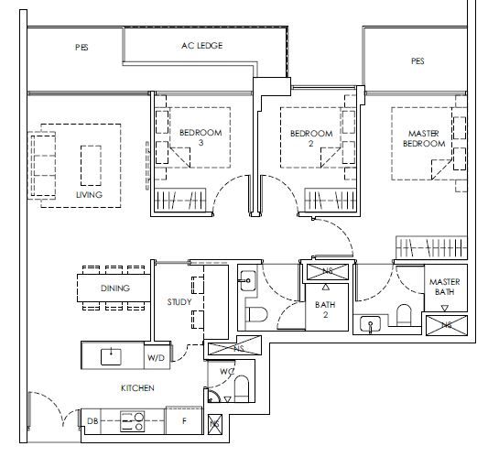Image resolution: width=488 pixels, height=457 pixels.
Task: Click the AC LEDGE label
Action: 202,46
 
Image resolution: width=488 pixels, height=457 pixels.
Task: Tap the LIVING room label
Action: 89,195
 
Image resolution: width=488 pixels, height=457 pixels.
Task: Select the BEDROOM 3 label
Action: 201,137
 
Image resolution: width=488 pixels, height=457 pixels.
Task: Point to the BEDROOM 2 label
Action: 311,138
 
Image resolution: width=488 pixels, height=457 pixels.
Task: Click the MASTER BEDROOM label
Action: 424,138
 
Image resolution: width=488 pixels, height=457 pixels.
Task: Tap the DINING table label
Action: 115,288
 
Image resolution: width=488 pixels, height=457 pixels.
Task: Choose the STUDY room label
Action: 179,301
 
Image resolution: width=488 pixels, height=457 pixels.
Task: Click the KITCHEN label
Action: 137,388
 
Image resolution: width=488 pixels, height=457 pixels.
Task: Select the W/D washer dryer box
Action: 157,355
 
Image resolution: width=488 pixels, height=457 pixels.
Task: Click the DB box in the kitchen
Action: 92,421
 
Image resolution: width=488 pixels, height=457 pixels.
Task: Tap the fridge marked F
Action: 184,420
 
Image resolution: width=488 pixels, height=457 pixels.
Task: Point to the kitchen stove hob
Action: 132,421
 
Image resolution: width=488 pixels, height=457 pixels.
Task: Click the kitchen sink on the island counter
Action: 111,357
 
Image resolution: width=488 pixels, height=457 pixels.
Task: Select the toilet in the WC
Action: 242,388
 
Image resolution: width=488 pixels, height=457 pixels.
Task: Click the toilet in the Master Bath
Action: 404,315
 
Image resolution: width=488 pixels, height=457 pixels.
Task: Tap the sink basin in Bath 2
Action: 248,281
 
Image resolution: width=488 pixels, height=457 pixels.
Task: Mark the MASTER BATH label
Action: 444,287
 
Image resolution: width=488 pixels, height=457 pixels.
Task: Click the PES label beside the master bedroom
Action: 418,61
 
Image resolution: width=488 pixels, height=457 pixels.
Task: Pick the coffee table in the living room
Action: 91,166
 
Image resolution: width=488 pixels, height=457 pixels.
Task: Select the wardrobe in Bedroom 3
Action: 180,200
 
